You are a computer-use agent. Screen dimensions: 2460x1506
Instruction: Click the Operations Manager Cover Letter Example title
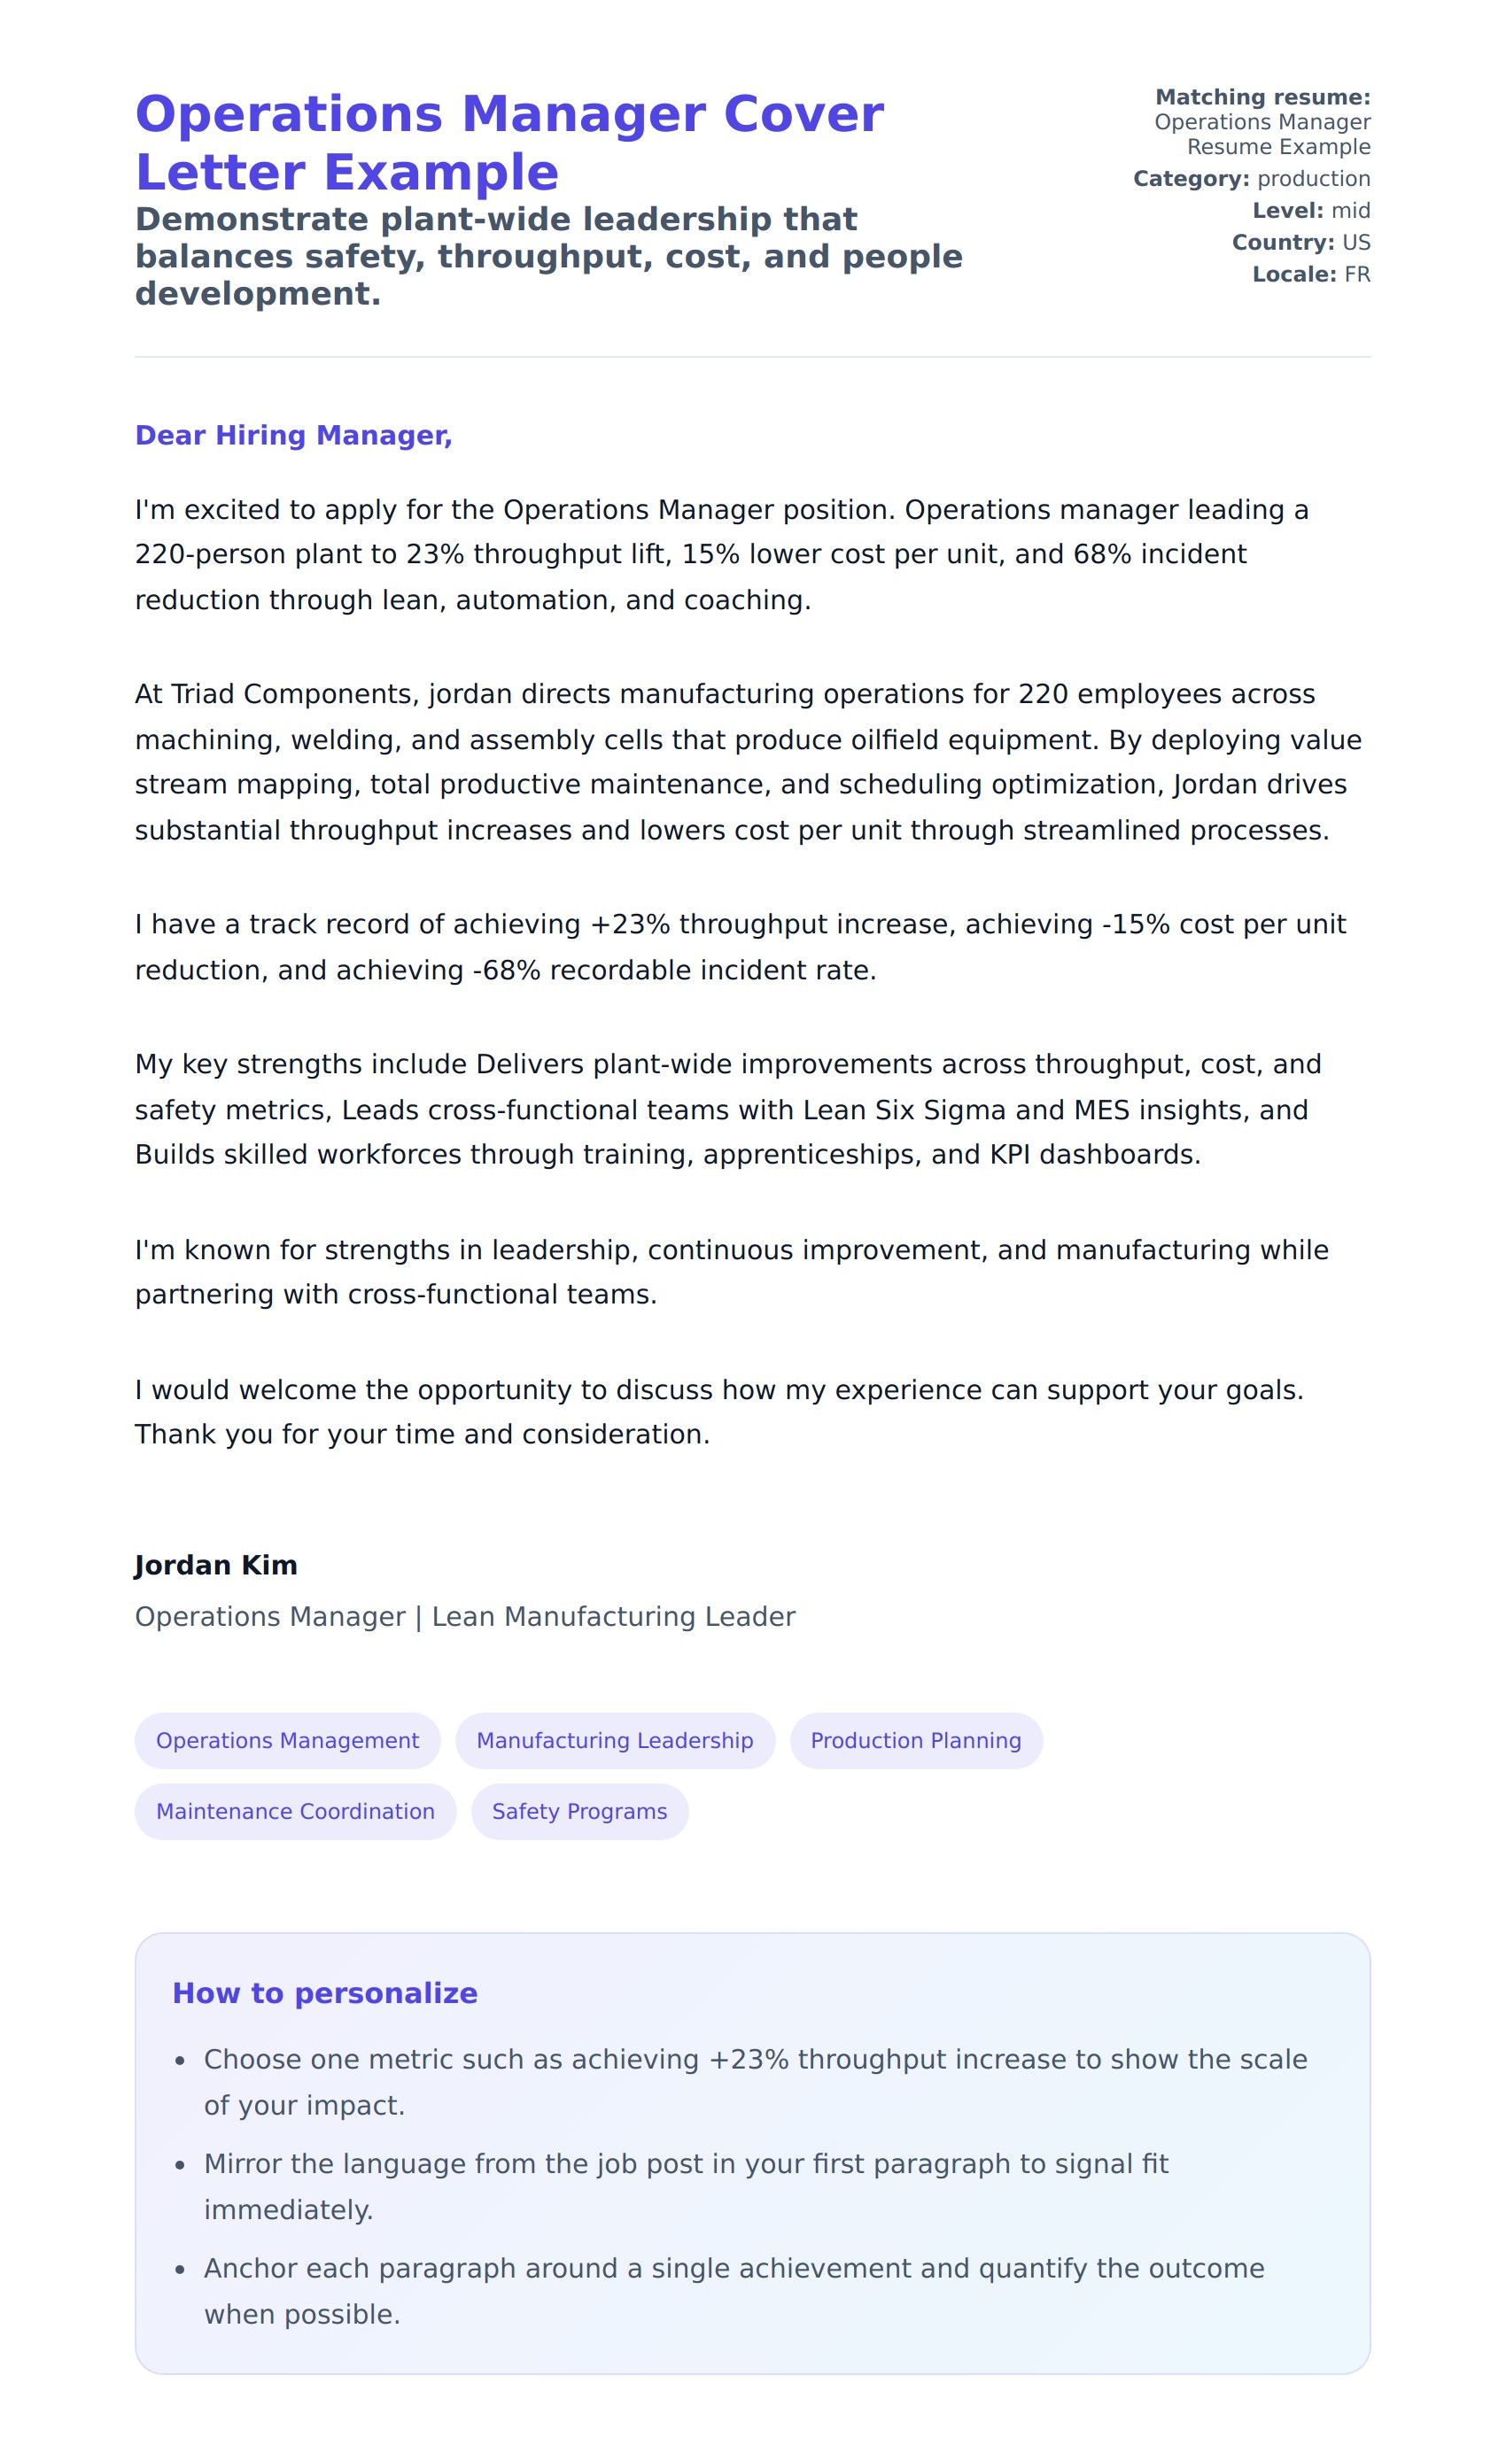pyautogui.click(x=509, y=143)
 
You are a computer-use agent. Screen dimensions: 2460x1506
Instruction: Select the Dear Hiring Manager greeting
pyautogui.click(x=293, y=436)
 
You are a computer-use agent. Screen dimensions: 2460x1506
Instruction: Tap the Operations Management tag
pyautogui.click(x=288, y=1740)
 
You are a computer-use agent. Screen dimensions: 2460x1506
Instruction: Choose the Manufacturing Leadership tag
pyautogui.click(x=614, y=1740)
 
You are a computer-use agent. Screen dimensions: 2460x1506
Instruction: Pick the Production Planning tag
pyautogui.click(x=916, y=1740)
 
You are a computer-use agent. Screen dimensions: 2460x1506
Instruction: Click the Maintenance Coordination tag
pyautogui.click(x=296, y=1811)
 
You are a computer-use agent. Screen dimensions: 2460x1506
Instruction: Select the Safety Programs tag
pyautogui.click(x=579, y=1811)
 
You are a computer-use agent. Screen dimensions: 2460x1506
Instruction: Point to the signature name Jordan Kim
pyautogui.click(x=216, y=1565)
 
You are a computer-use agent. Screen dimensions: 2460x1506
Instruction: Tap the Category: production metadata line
pyautogui.click(x=1252, y=179)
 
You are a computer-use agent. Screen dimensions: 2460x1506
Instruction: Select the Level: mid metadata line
pyautogui.click(x=1311, y=211)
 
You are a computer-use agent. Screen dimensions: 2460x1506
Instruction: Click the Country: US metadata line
pyautogui.click(x=1300, y=243)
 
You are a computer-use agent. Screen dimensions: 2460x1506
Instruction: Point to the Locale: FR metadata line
pyautogui.click(x=1311, y=275)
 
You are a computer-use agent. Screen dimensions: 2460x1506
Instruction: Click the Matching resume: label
pyautogui.click(x=1262, y=97)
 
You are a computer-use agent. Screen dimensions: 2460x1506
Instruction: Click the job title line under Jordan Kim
pyautogui.click(x=464, y=1616)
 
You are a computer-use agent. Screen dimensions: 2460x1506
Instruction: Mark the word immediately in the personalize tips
pyautogui.click(x=288, y=2209)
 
